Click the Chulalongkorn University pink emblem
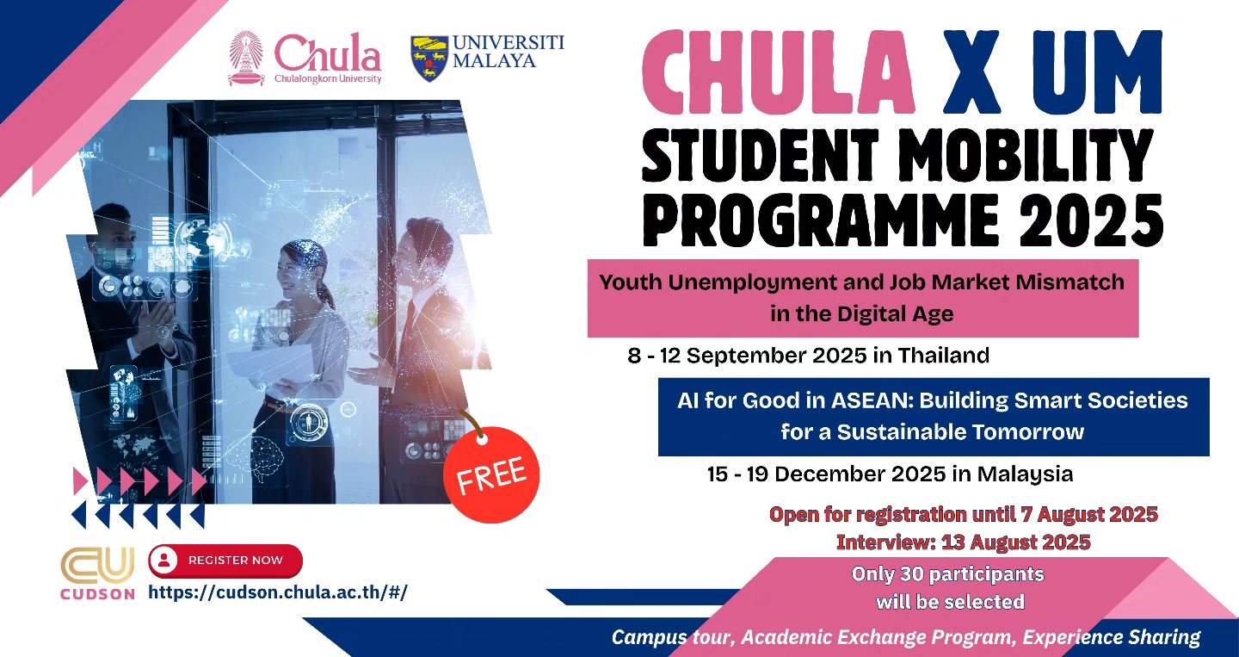click(246, 59)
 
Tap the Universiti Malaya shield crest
click(429, 58)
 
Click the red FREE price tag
click(491, 474)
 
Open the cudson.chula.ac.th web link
click(278, 592)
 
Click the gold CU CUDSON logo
click(97, 573)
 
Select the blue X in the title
click(971, 72)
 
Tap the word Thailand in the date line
click(944, 356)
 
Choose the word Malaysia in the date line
click(1025, 474)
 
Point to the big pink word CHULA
click(778, 72)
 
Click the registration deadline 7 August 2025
click(1089, 515)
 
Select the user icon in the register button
click(163, 561)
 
